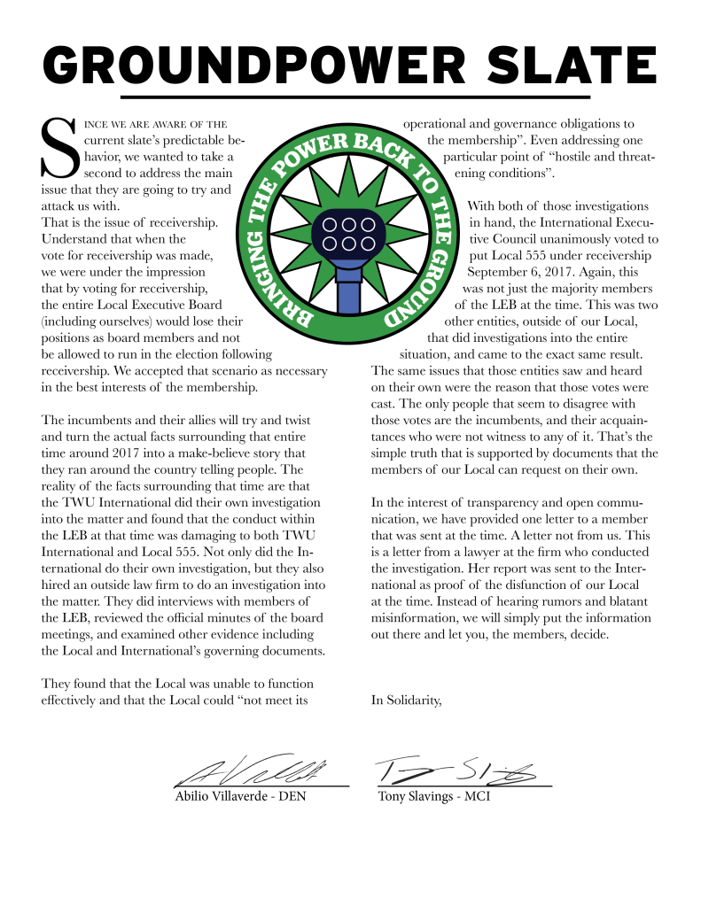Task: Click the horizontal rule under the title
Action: (x=354, y=96)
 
